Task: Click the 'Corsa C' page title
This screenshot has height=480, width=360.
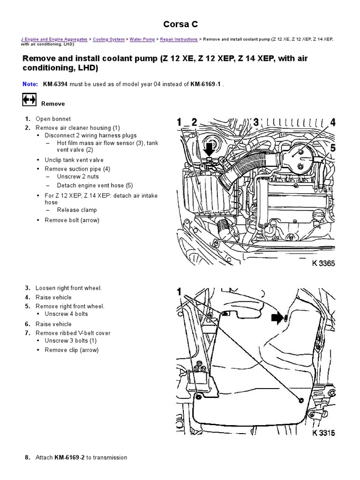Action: [180, 24]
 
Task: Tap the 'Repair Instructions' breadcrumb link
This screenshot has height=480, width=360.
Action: [179, 40]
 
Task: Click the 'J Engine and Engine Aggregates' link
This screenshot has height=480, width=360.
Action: [54, 40]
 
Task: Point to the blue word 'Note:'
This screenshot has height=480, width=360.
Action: [30, 85]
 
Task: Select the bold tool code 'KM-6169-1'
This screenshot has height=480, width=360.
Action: [206, 85]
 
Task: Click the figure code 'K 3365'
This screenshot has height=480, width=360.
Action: [323, 264]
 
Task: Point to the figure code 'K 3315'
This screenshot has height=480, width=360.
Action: [323, 433]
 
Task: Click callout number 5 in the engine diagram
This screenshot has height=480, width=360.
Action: [332, 148]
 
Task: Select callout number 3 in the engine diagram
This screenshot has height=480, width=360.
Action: [256, 123]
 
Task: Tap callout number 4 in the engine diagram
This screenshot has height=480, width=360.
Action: [332, 123]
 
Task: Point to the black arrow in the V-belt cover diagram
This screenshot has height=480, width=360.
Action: [277, 319]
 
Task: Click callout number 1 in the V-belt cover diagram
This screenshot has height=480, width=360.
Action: [179, 292]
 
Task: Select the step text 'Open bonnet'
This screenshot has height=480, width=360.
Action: [53, 119]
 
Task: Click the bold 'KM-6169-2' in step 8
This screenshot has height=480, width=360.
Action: [69, 457]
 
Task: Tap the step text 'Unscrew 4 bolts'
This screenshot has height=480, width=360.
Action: [66, 314]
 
